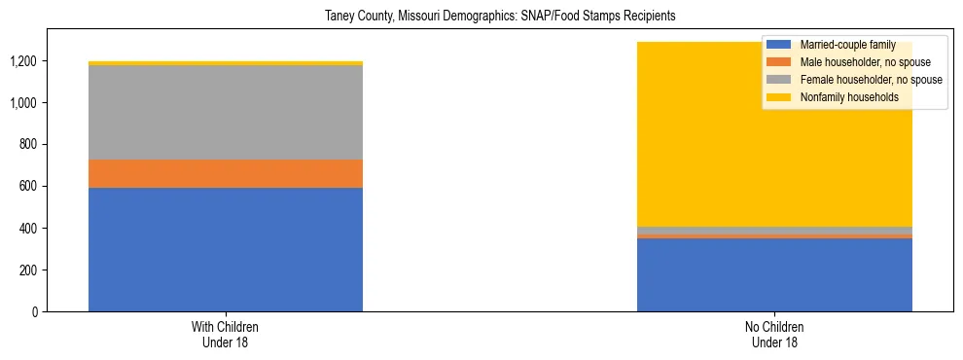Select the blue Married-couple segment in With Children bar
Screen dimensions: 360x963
226,249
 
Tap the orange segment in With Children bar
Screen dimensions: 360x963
226,173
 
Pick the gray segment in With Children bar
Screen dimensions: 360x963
226,112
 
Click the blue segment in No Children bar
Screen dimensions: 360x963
774,275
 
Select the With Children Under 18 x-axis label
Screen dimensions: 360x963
226,334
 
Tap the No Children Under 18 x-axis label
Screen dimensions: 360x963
774,334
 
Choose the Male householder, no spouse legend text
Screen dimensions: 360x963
864,62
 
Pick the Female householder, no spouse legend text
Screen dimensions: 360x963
870,80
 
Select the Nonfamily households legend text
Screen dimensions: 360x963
848,97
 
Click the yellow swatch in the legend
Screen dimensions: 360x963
779,97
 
